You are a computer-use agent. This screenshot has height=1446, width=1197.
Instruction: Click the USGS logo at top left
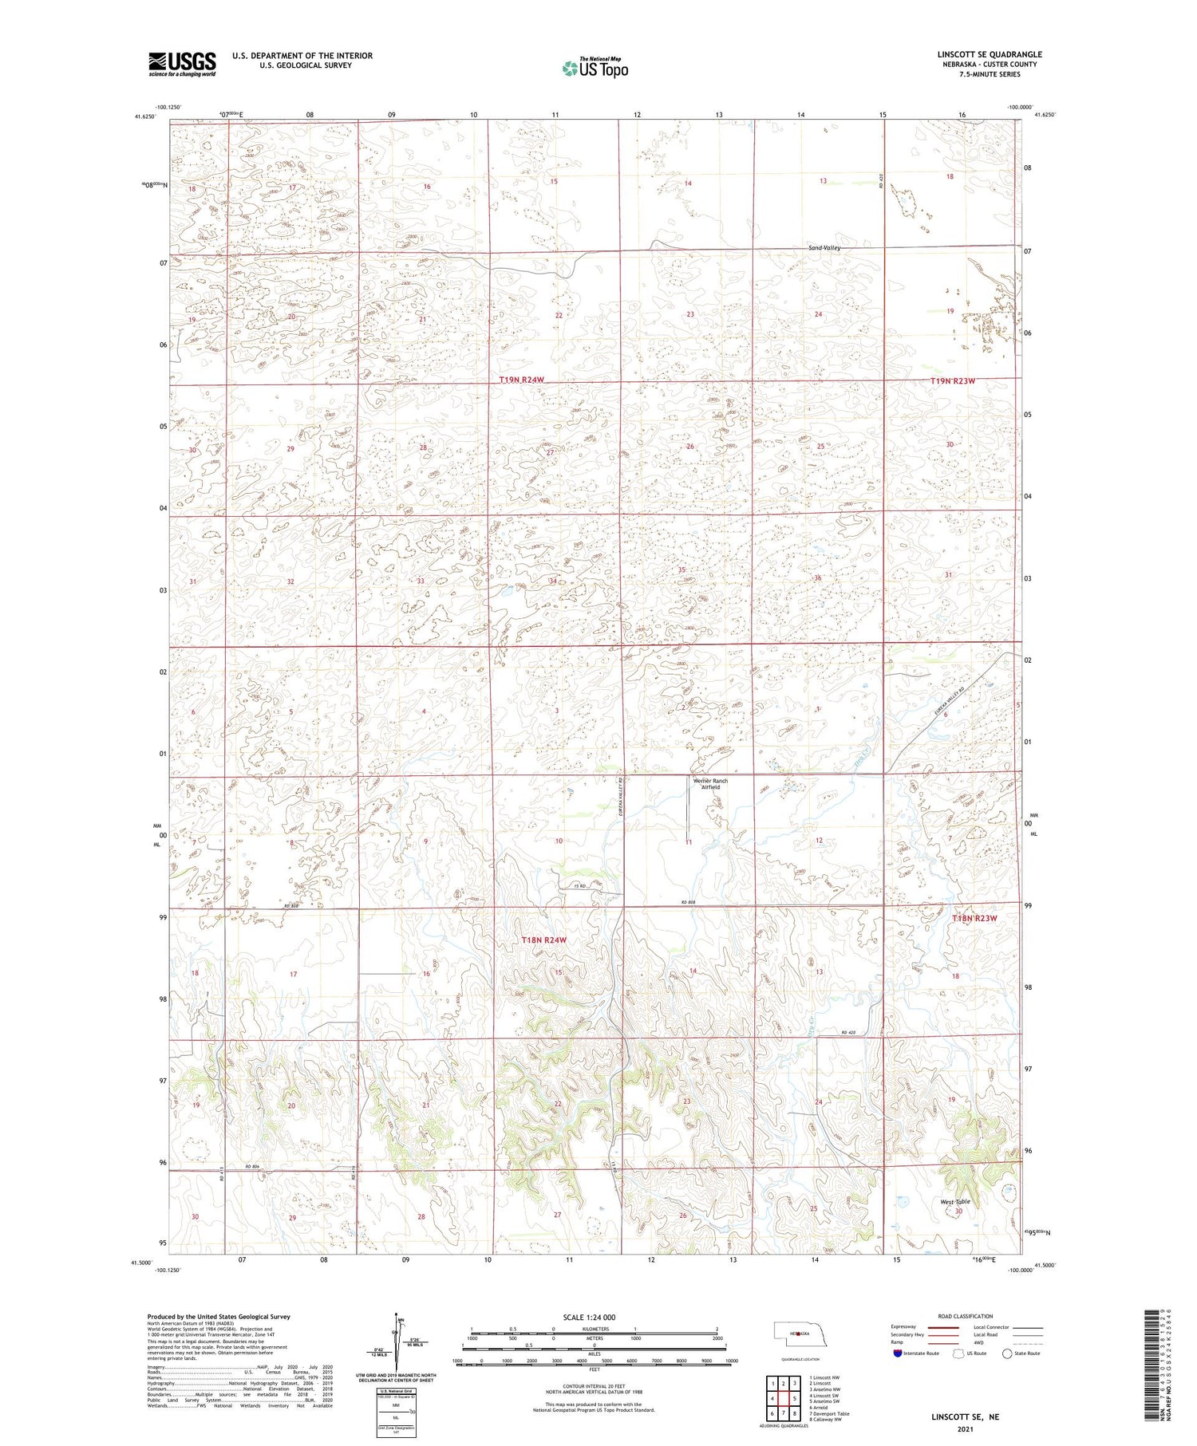pos(182,64)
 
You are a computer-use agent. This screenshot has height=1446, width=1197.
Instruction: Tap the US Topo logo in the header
pos(595,68)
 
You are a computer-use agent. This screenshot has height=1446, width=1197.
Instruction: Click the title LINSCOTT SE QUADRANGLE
pos(990,54)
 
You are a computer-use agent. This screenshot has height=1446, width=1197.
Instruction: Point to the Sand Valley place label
pos(824,248)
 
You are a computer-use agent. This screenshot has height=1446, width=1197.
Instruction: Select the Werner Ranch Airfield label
pos(709,784)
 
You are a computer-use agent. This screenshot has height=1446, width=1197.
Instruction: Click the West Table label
pos(954,1201)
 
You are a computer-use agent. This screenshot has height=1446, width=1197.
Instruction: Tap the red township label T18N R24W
pos(543,940)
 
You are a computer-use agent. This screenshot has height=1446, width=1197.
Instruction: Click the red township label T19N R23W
pos(953,381)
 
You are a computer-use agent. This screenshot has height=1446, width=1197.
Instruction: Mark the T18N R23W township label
pos(974,918)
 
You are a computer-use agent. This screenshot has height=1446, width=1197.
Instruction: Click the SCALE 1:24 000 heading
pos(589,1317)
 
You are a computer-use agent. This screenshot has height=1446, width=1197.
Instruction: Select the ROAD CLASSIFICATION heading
pos(966,1316)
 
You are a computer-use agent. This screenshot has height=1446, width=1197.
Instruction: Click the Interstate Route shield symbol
pos(898,1353)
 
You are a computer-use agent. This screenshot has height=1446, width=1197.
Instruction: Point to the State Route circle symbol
pos(1007,1353)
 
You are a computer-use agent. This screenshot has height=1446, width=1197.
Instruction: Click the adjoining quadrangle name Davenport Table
pos(830,1413)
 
